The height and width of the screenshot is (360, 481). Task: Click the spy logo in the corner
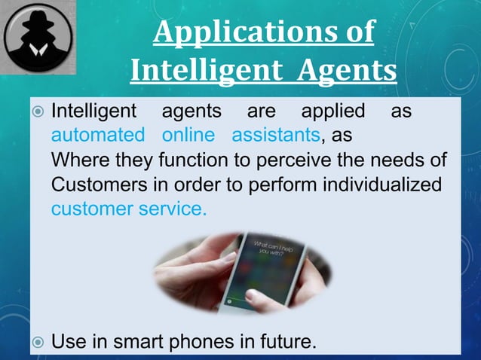tap(38, 37)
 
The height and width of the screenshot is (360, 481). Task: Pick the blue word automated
tap(97, 136)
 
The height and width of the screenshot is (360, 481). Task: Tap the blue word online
tap(188, 136)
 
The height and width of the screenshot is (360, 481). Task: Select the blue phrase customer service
tap(128, 209)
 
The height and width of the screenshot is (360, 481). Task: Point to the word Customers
tap(99, 185)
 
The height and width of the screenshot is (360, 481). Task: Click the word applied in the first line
tap(332, 112)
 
